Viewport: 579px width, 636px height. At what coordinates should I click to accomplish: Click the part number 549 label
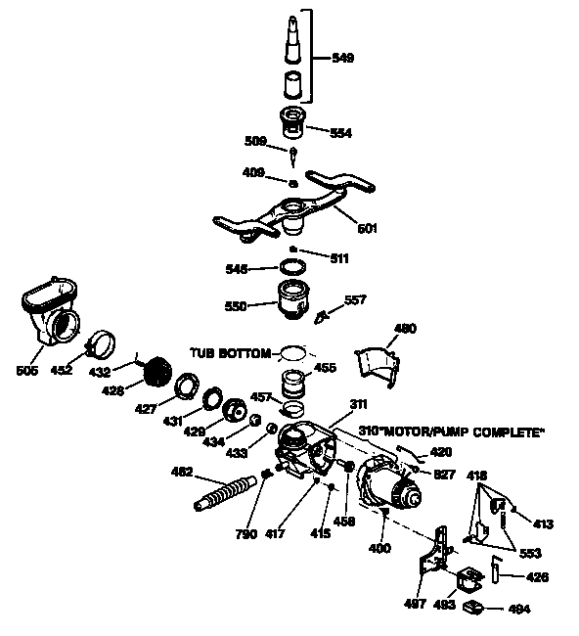click(x=342, y=59)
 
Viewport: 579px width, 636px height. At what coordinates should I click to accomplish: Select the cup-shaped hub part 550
click(x=294, y=298)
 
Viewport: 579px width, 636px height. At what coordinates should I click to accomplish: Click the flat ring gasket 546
click(x=292, y=266)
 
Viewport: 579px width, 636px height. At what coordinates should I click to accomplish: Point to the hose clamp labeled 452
click(x=103, y=345)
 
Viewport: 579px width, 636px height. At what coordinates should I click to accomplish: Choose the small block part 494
click(x=476, y=609)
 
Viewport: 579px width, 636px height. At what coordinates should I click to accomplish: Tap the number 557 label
click(x=354, y=300)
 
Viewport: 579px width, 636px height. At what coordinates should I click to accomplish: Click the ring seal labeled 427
click(x=184, y=390)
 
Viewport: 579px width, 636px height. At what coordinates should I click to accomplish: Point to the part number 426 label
click(x=538, y=577)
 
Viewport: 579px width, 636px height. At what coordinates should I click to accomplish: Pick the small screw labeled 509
click(x=292, y=155)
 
